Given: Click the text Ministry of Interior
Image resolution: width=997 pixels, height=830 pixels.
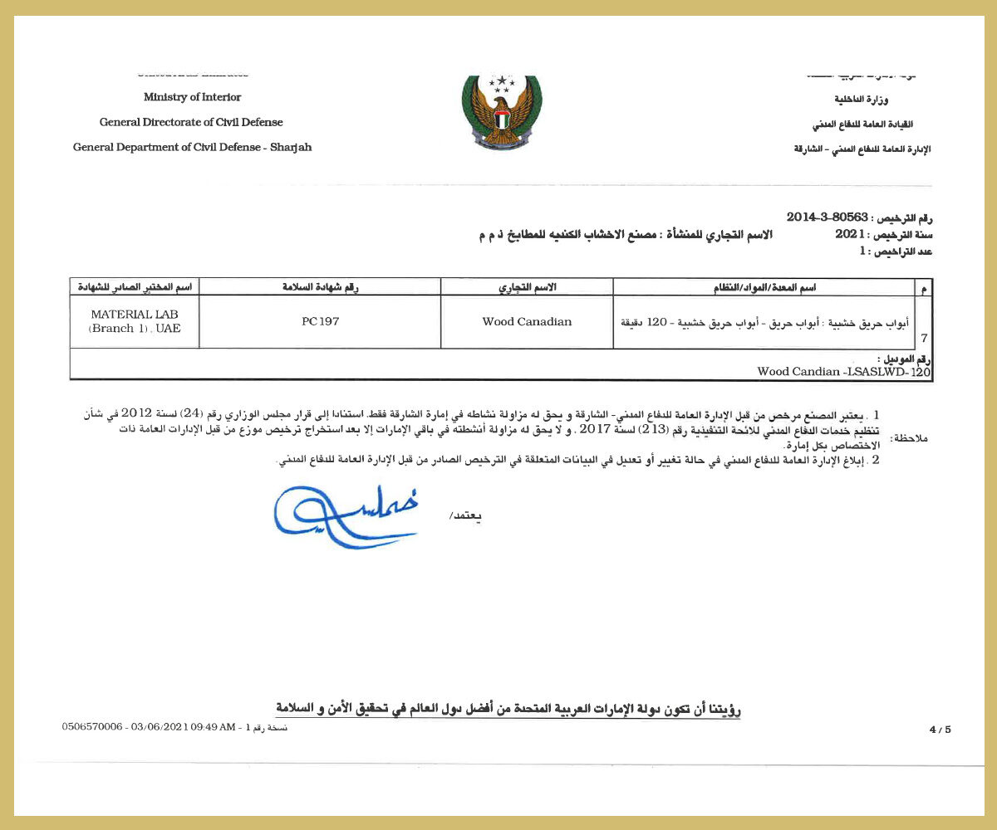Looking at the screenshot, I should point(192,97).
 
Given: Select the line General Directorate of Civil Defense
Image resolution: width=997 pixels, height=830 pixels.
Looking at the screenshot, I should point(191,122).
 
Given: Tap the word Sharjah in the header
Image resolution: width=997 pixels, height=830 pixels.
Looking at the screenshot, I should point(291,147).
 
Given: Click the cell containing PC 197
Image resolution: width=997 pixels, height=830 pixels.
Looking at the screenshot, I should point(321,321).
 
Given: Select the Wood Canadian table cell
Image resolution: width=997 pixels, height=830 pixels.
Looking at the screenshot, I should point(527,321).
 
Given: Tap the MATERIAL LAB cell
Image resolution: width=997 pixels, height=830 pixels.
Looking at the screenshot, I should point(135,321).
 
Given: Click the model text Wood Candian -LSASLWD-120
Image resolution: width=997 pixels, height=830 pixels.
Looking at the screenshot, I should point(843,372).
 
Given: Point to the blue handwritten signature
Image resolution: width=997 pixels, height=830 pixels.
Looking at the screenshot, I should point(345,516).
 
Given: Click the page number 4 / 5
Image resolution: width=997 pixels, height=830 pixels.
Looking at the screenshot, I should point(940,730).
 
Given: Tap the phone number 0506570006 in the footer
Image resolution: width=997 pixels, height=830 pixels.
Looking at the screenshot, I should point(92,726).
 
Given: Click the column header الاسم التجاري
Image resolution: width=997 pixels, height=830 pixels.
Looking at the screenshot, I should point(527,286).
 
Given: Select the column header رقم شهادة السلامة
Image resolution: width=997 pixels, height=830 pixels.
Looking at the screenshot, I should point(321,286).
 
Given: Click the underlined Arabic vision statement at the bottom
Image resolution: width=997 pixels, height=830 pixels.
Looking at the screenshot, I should point(508,708).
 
